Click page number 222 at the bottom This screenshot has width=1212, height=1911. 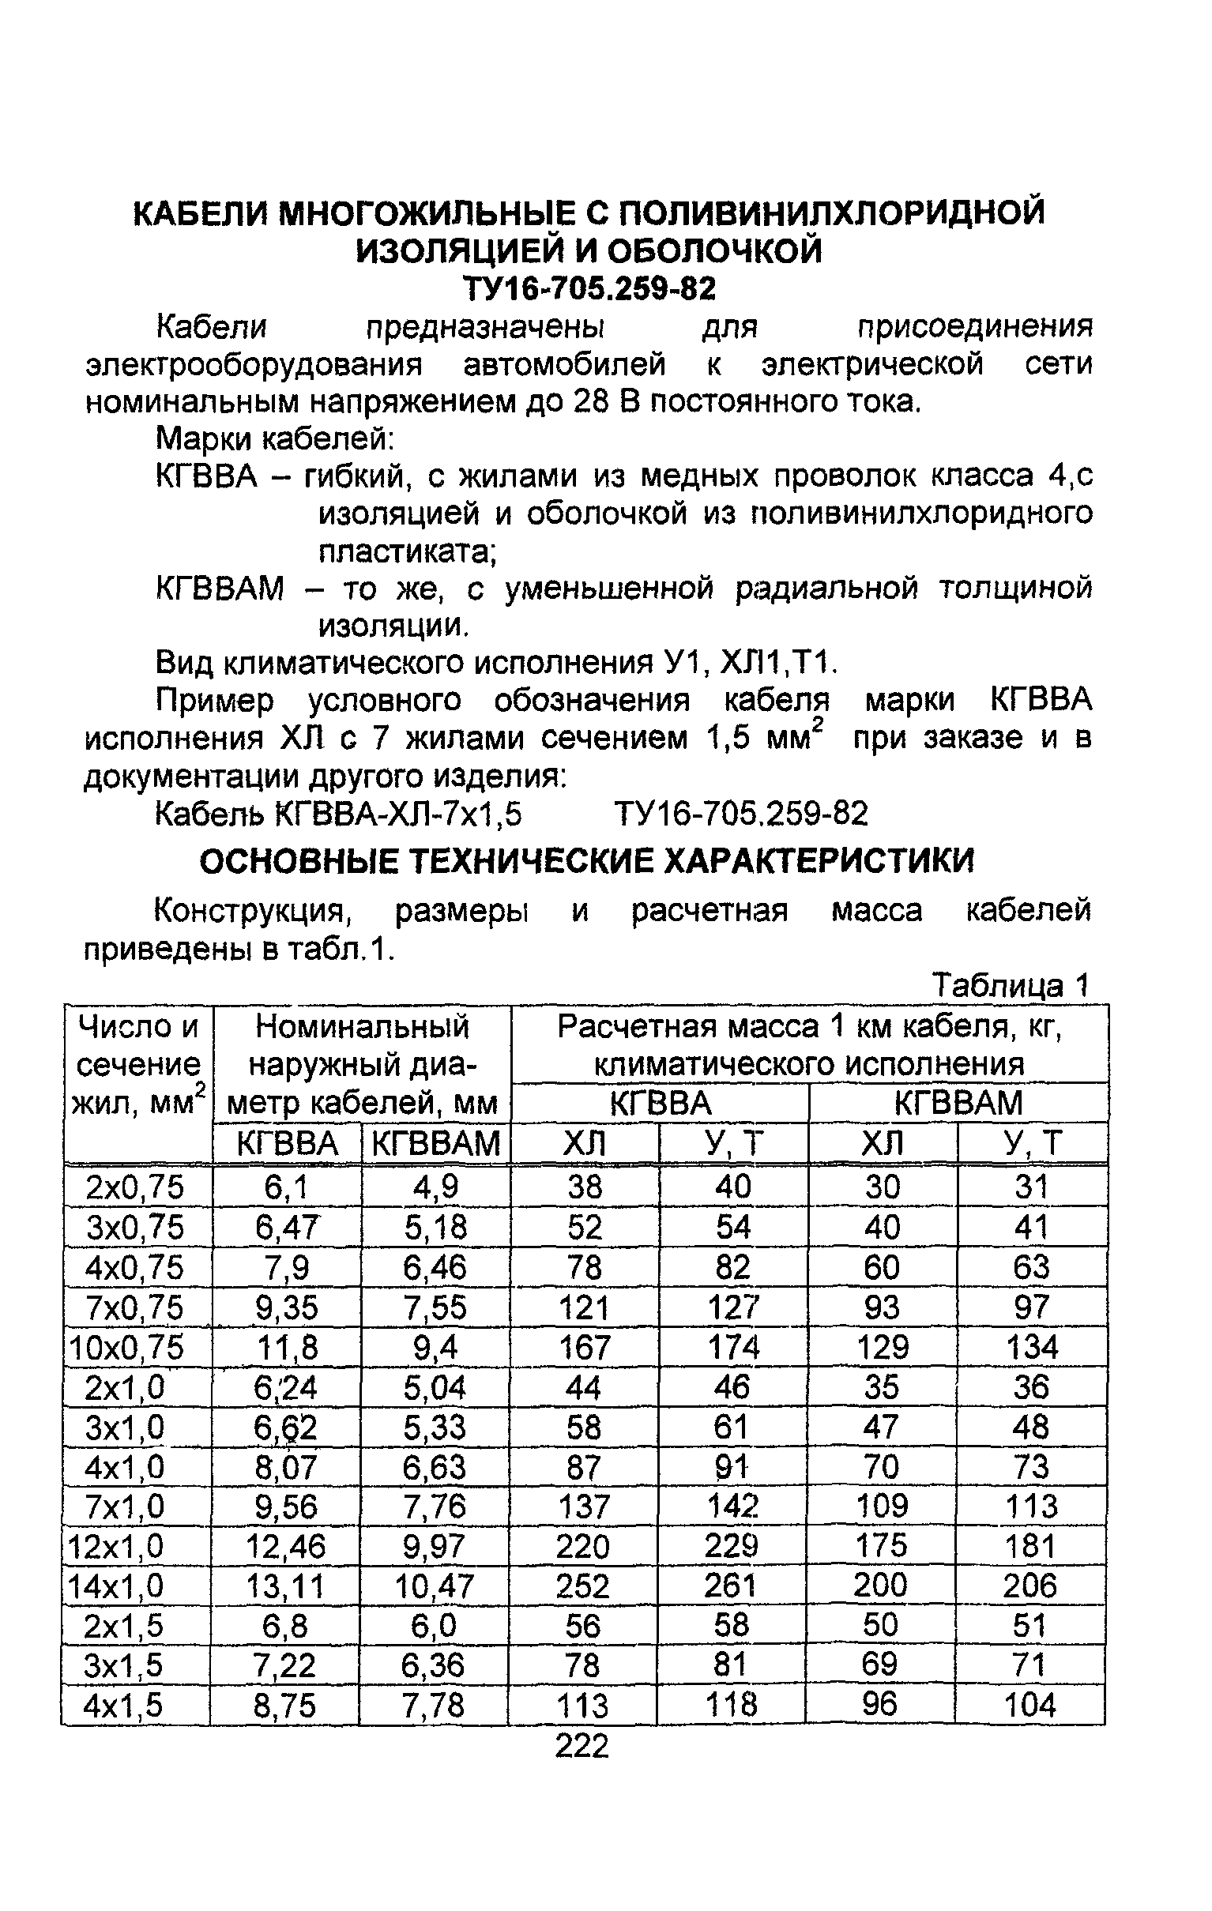[582, 1746]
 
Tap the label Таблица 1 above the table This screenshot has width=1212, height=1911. [1010, 986]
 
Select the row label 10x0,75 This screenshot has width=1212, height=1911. [128, 1347]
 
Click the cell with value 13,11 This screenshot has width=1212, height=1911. [285, 1586]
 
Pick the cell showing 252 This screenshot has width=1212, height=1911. [582, 1586]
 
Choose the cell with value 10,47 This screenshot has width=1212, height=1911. [435, 1586]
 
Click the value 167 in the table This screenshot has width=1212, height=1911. [583, 1347]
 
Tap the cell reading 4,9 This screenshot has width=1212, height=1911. [436, 1187]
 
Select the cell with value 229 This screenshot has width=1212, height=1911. [732, 1546]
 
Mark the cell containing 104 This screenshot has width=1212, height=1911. [1029, 1705]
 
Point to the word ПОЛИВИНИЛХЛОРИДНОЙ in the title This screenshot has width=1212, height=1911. [830, 213]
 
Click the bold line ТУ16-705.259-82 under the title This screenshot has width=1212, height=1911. [588, 289]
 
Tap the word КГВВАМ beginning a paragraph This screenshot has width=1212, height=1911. [220, 589]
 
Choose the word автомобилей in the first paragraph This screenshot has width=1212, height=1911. [564, 364]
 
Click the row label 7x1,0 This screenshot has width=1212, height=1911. [125, 1507]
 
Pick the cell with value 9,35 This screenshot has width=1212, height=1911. [287, 1307]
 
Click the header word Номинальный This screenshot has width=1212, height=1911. [362, 1027]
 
